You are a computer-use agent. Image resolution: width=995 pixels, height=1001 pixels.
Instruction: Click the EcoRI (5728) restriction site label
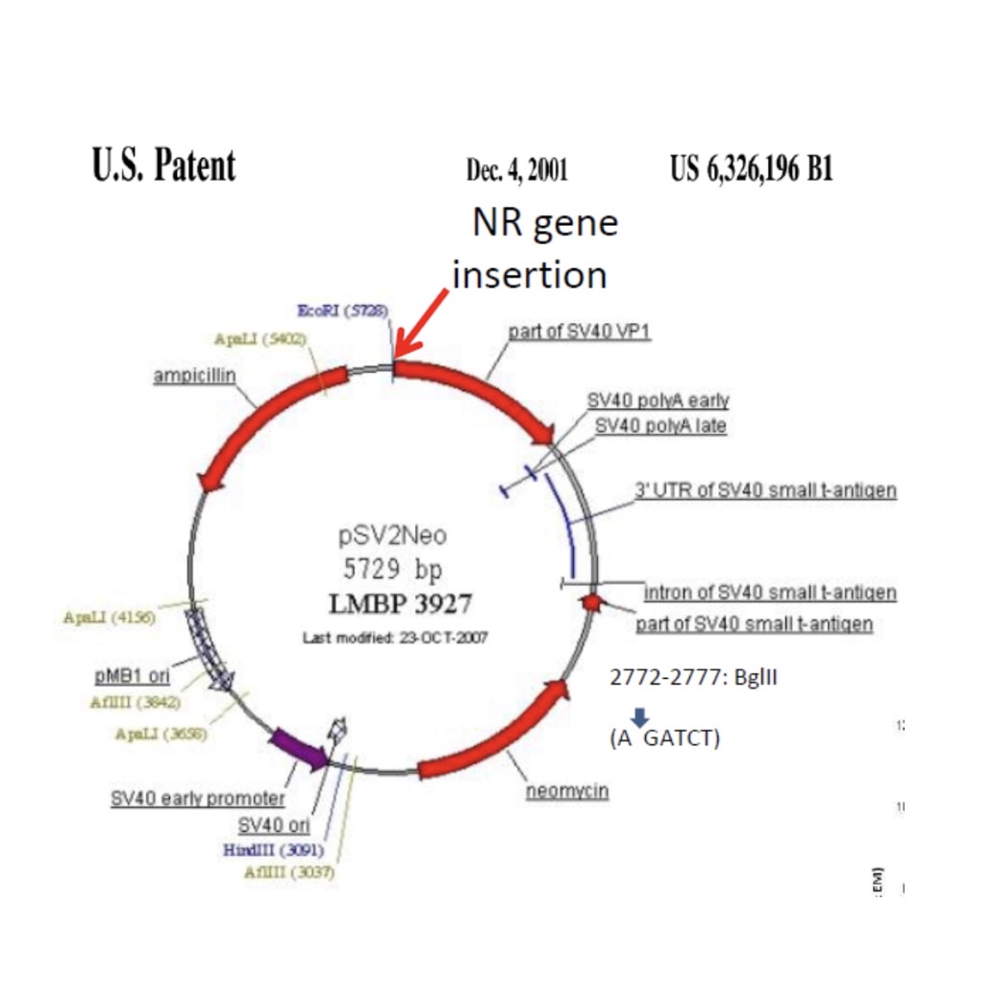[343, 312]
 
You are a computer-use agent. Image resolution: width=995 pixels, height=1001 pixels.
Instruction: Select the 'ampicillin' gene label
[195, 376]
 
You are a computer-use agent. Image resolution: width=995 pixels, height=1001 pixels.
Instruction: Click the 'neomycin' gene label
[567, 792]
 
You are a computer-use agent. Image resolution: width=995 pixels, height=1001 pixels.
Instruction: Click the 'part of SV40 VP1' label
[581, 332]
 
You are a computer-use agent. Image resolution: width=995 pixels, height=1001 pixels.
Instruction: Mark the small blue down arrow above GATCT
[641, 717]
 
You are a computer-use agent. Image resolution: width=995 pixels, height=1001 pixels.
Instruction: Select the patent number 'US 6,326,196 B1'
[751, 170]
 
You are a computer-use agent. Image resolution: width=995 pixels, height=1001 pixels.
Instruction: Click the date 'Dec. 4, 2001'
[516, 171]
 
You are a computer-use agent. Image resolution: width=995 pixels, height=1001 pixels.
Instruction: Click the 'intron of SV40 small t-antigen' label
[769, 592]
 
